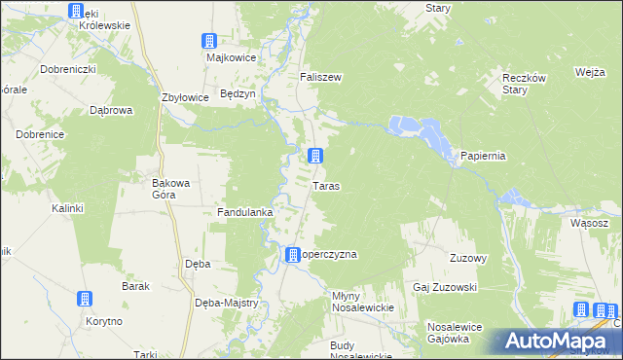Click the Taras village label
click(326, 185)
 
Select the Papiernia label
click(483, 157)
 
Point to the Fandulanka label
click(244, 211)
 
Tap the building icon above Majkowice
click(209, 41)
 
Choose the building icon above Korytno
click(87, 299)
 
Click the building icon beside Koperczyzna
click(292, 255)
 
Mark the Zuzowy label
click(467, 258)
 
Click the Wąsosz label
click(590, 223)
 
